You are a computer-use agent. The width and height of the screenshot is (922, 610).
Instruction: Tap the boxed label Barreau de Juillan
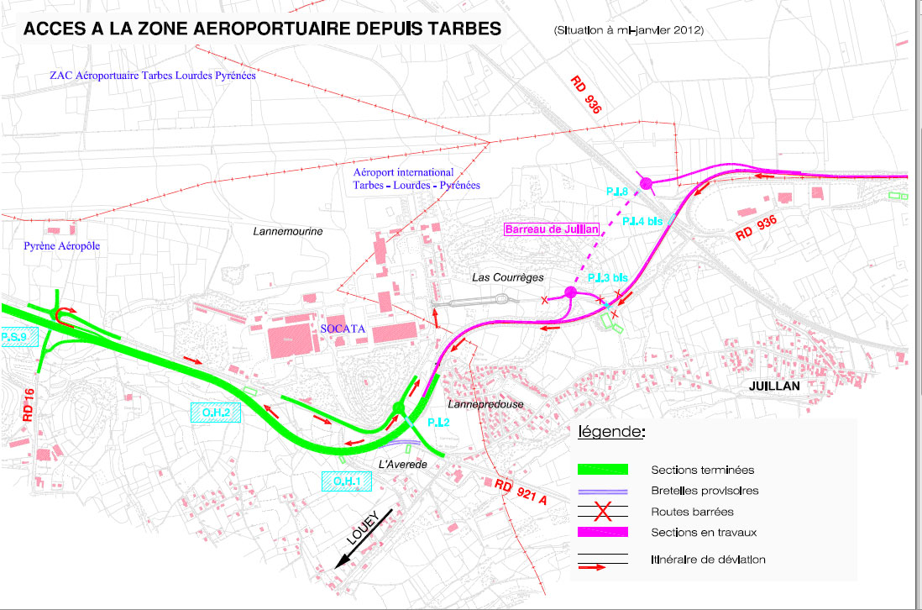[x=551, y=229]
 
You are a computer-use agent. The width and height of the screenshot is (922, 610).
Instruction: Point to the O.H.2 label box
[x=216, y=412]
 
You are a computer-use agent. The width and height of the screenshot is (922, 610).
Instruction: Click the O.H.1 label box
[x=347, y=481]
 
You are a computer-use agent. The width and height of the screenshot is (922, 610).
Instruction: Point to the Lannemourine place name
[x=288, y=230]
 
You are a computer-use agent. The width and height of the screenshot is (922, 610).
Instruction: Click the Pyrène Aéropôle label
[x=62, y=245]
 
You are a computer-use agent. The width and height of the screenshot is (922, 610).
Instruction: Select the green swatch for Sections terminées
[x=603, y=469]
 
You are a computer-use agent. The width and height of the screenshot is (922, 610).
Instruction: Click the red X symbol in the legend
[x=602, y=511]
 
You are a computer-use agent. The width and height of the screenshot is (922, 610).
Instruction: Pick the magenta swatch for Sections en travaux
[x=603, y=532]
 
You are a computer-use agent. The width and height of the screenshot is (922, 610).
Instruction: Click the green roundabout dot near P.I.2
[x=398, y=409]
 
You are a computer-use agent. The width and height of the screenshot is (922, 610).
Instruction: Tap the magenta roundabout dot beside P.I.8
[x=647, y=183]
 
